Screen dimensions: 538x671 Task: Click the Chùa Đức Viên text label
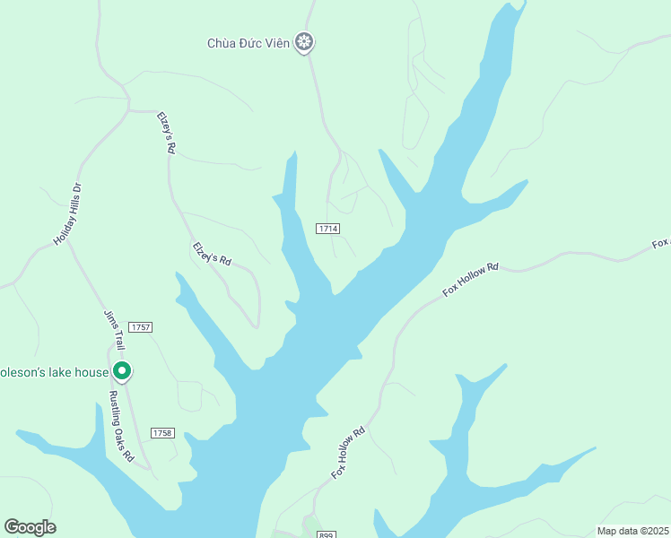point(248,42)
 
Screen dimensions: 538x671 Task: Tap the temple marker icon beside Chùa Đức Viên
point(305,41)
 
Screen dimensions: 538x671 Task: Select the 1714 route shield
point(327,230)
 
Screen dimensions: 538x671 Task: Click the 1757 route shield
point(140,326)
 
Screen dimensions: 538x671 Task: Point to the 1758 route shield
point(161,433)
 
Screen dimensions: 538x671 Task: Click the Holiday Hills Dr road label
point(67,214)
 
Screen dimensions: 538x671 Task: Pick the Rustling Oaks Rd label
point(121,426)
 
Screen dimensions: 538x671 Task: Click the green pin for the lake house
point(122,370)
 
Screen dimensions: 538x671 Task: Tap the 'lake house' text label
point(54,371)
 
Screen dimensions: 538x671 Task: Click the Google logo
point(30,527)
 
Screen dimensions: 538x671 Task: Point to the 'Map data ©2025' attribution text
point(632,531)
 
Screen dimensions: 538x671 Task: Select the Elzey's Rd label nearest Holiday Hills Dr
point(165,133)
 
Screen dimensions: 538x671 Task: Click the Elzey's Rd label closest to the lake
point(212,254)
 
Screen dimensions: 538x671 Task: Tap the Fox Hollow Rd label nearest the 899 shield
point(348,452)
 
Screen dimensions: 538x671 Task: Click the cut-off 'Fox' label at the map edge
point(660,244)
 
